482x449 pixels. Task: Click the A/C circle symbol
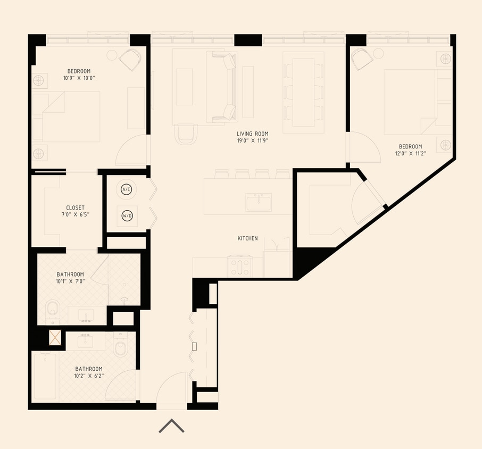(126, 189)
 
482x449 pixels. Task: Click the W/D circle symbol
(126, 216)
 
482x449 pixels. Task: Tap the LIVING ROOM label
(252, 134)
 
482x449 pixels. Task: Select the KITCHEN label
(247, 238)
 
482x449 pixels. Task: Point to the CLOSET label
(75, 207)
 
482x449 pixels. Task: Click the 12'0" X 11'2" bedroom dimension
(410, 154)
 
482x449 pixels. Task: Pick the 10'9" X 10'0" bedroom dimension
(78, 78)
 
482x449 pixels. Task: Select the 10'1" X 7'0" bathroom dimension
(70, 281)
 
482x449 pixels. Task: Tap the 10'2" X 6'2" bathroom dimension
(89, 376)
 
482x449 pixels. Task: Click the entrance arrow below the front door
(171, 426)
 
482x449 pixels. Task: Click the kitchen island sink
(259, 202)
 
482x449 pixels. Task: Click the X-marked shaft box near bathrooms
(55, 338)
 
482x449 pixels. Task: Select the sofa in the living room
(223, 87)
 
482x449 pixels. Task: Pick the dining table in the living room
(303, 92)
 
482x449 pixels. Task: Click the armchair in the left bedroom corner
(130, 59)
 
